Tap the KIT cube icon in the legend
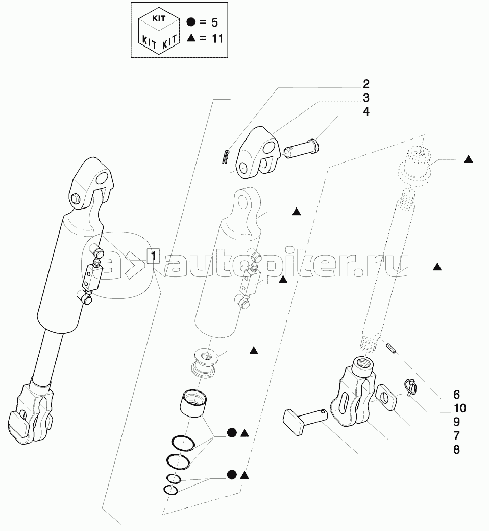(x=158, y=31)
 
